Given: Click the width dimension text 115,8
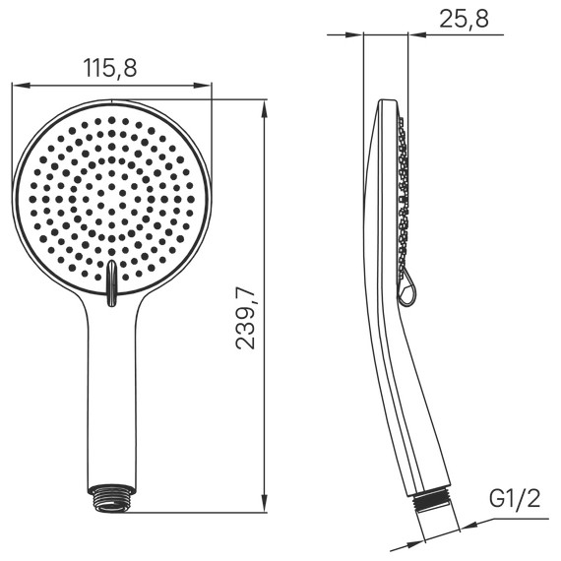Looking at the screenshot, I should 109,68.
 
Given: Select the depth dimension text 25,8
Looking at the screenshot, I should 464,19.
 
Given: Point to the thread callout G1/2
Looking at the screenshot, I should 516,500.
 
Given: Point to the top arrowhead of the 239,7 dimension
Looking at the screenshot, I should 266,105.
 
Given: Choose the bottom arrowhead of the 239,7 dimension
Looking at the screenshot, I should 266,506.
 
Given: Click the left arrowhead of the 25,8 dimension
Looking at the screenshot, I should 359,35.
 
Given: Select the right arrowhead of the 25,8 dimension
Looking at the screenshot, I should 411,35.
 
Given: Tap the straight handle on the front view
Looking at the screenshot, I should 112,394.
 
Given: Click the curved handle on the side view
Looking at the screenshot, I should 394,394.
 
